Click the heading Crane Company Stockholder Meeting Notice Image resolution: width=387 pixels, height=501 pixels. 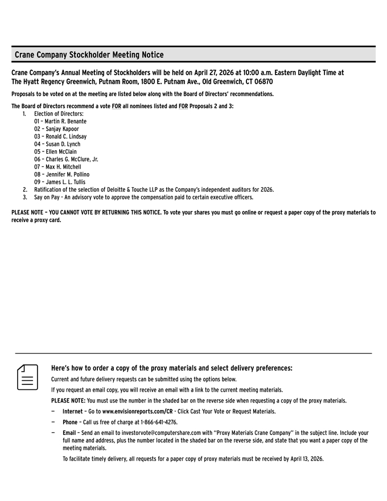pos(89,55)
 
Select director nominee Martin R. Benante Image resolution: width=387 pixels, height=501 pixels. pos(65,121)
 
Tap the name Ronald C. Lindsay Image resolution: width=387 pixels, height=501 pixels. pos(65,137)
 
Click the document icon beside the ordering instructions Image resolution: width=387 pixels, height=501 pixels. pos(27,377)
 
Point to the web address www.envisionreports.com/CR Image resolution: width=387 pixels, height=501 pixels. pos(137,411)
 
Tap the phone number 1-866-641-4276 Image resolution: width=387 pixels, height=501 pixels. pos(159,422)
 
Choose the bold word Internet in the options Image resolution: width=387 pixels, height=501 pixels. pos(72,411)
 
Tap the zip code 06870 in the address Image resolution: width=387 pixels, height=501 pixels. pos(261,82)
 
